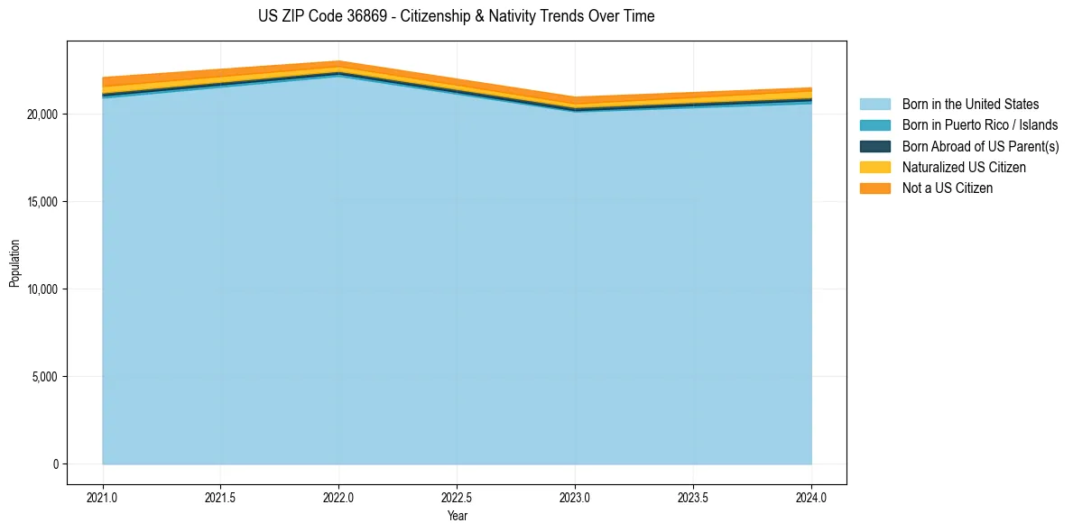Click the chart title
pyautogui.click(x=456, y=16)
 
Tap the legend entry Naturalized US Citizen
pyautogui.click(x=964, y=168)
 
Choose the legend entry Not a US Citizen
pyautogui.click(x=948, y=188)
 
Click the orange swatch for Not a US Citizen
pyautogui.click(x=874, y=188)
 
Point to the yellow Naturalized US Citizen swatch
pyautogui.click(x=874, y=168)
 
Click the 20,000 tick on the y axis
pyautogui.click(x=42, y=115)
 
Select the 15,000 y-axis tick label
pyautogui.click(x=42, y=202)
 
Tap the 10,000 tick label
pyautogui.click(x=42, y=289)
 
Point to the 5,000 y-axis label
pyautogui.click(x=44, y=377)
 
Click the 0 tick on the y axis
pyautogui.click(x=54, y=464)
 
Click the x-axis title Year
pyautogui.click(x=457, y=517)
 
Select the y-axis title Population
pyautogui.click(x=14, y=263)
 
